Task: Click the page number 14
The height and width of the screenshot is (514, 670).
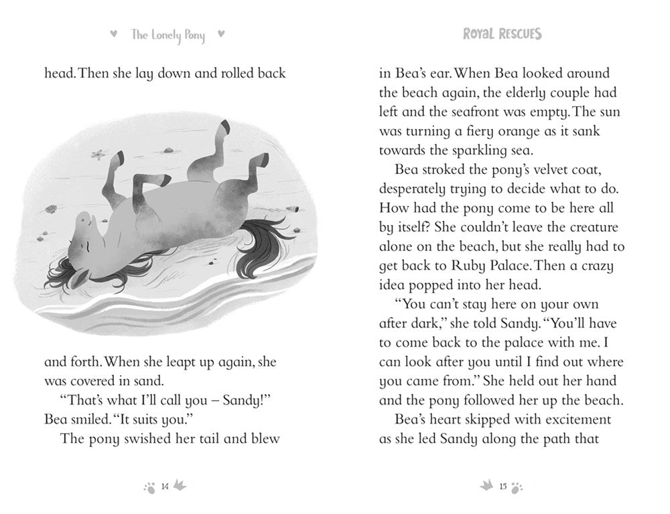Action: click(x=165, y=487)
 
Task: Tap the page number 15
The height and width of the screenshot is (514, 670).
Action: click(x=503, y=487)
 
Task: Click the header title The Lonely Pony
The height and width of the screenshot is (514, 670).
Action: click(x=167, y=35)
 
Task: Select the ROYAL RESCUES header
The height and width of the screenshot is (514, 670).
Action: click(x=502, y=34)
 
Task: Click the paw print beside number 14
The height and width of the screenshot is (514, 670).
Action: click(x=149, y=487)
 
